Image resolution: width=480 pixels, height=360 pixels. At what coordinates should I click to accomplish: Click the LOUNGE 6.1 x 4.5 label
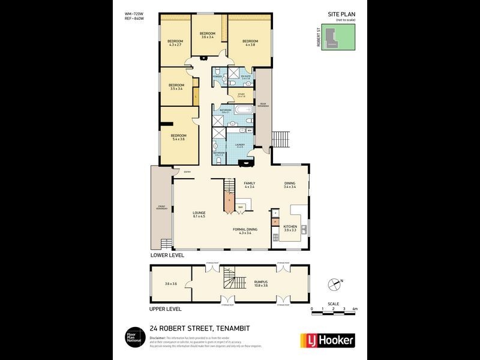click(199, 214)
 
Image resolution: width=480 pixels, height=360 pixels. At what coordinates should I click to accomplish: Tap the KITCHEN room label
click(290, 228)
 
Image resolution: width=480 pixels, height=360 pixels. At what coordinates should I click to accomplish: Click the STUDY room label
click(241, 95)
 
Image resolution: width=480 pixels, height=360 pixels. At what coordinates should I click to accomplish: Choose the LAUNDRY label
click(239, 145)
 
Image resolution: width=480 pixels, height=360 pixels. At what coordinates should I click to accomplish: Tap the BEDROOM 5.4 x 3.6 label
click(178, 137)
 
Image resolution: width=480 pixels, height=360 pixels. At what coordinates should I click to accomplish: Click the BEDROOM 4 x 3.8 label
click(250, 43)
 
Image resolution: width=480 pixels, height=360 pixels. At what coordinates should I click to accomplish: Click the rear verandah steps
click(281, 139)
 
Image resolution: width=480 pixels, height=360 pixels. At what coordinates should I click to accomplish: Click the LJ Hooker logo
click(327, 340)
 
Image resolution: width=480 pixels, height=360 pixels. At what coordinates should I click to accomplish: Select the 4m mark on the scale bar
click(355, 308)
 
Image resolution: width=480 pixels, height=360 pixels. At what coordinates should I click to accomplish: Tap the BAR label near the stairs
click(241, 207)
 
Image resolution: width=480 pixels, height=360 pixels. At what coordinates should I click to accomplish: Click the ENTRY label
click(187, 173)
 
